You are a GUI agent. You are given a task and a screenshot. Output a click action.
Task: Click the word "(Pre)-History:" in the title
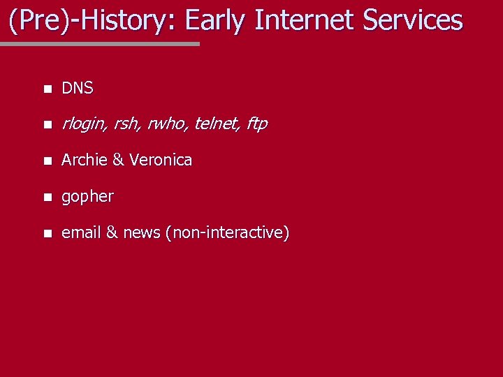(x=93, y=20)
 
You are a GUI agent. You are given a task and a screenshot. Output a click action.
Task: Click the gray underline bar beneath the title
(x=99, y=43)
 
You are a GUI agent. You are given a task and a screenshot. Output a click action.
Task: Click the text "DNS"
(x=78, y=89)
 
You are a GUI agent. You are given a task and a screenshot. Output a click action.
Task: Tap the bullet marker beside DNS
(x=46, y=89)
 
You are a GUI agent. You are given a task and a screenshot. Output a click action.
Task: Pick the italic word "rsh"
(x=126, y=124)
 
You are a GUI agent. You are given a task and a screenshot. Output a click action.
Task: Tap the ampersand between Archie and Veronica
(x=117, y=160)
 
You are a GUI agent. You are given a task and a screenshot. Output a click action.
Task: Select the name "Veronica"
(x=160, y=160)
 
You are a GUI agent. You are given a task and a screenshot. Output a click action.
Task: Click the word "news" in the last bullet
(x=141, y=232)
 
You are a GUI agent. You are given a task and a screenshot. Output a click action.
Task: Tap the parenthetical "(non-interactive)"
(x=227, y=232)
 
